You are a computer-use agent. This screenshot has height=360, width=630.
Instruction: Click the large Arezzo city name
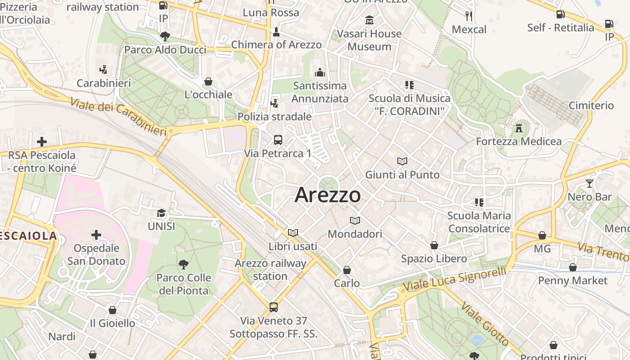point(328,195)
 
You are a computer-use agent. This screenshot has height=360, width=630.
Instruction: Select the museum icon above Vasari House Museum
point(369,20)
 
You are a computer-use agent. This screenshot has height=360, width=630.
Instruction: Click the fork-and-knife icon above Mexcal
point(469,16)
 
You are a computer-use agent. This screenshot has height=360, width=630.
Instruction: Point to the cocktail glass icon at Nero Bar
point(589,183)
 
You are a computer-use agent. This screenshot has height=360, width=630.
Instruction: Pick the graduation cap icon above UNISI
point(161,213)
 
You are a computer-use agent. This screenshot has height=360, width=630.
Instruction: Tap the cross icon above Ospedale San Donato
point(96,234)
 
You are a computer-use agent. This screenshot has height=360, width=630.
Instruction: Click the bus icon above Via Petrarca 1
point(278,139)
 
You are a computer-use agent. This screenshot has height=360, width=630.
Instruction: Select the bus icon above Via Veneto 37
point(273,307)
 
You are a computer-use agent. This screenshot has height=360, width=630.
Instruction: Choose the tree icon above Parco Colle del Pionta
point(183,264)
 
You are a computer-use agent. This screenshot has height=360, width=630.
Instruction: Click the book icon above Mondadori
point(355,220)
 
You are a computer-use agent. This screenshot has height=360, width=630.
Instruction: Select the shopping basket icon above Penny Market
point(572,267)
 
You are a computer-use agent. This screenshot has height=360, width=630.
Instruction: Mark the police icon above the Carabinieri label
point(103,70)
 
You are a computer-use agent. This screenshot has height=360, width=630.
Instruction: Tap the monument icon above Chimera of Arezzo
point(276,31)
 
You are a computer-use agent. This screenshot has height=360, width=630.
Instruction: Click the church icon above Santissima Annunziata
point(320,72)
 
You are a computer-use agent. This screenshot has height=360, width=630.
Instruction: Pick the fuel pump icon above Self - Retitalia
point(560,14)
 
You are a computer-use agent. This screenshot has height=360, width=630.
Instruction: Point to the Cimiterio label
point(591,105)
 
